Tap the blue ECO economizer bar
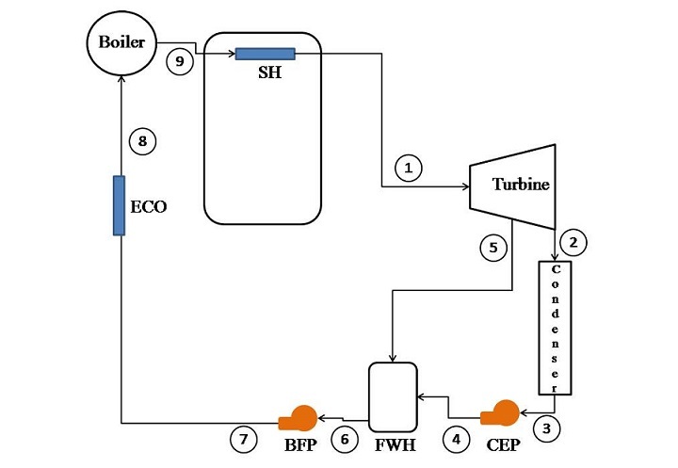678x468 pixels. [x=120, y=205]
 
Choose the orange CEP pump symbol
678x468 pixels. [x=500, y=413]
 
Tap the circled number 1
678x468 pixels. [x=409, y=169]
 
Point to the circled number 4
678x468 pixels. [x=457, y=438]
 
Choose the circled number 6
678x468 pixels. [x=345, y=438]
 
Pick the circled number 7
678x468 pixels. [x=244, y=438]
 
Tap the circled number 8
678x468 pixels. [x=142, y=142]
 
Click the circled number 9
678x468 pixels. [x=179, y=63]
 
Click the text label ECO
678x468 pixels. [x=148, y=206]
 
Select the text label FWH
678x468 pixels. [x=395, y=441]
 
